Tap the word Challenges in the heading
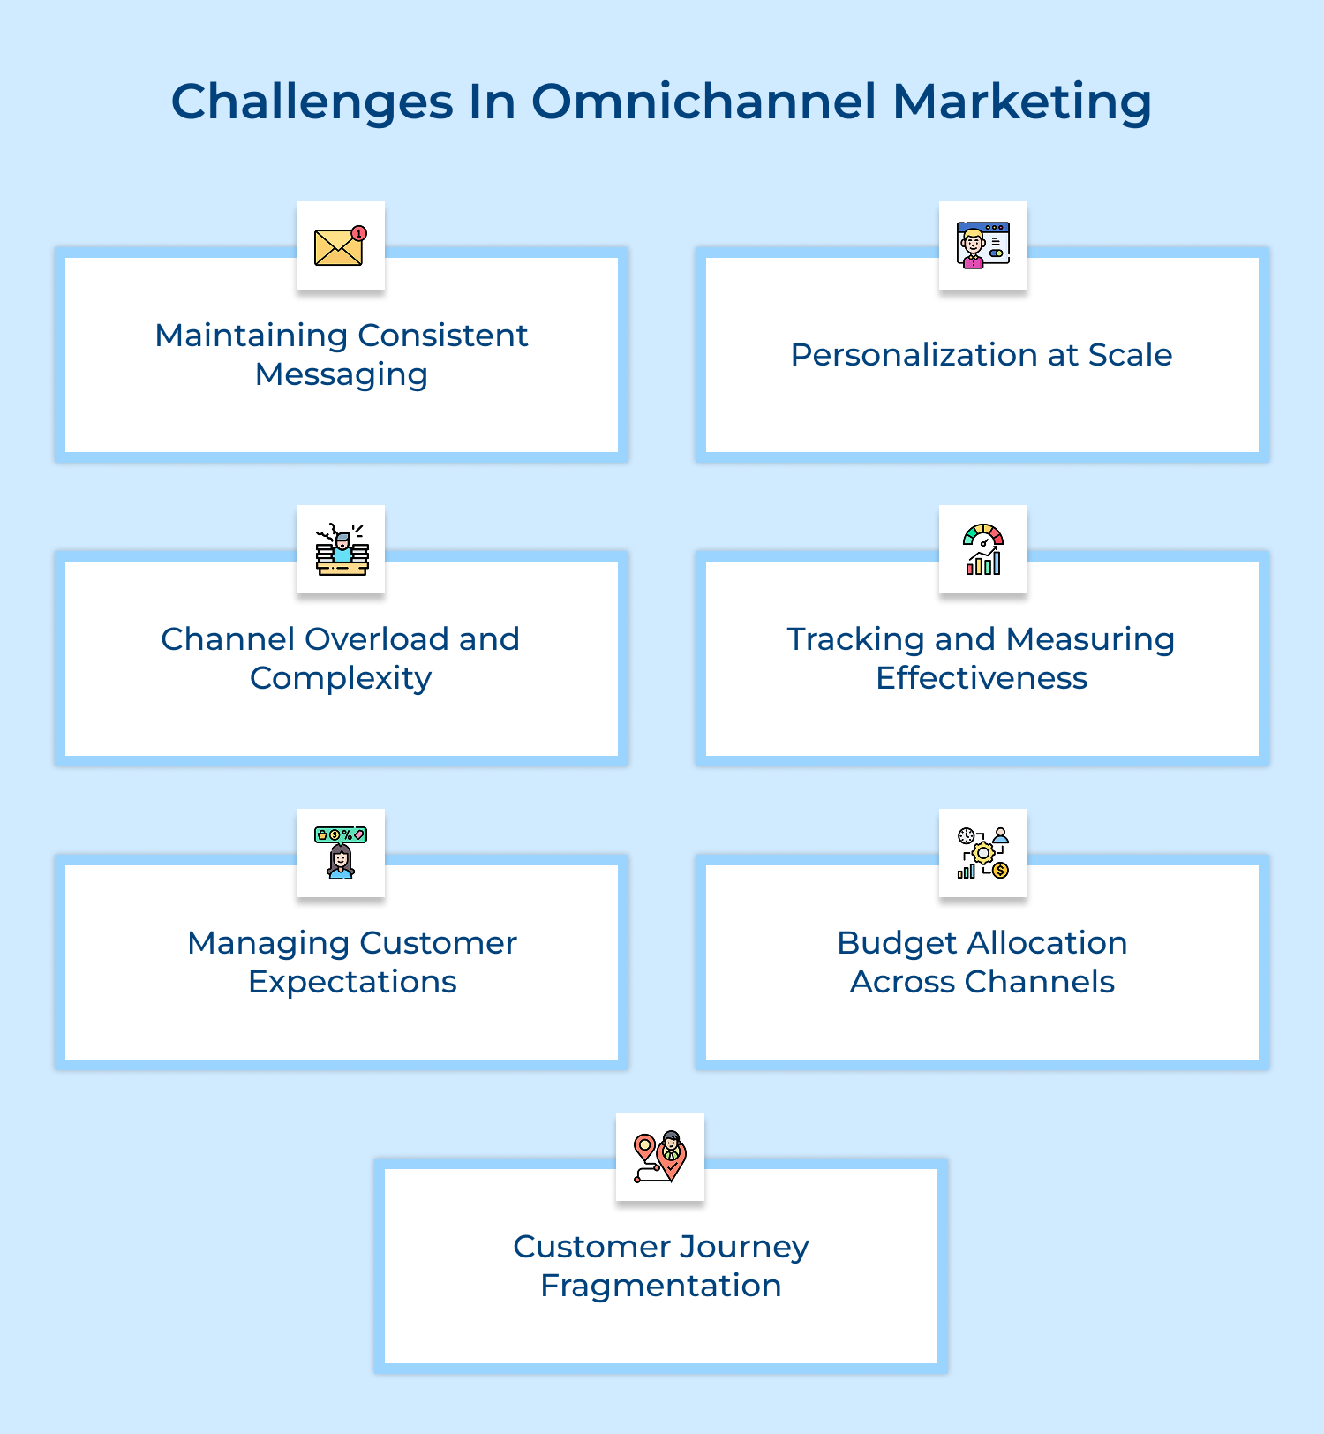(x=312, y=103)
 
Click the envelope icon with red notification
(x=340, y=246)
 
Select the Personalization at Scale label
(x=981, y=355)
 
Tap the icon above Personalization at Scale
(x=982, y=245)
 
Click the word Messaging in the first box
(x=342, y=374)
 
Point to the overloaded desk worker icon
(x=342, y=549)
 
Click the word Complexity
(x=341, y=678)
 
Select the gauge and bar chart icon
(x=982, y=549)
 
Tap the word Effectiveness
(x=982, y=678)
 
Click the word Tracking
(x=846, y=639)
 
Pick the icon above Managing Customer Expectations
(x=341, y=853)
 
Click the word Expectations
(x=352, y=982)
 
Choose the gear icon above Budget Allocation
(x=982, y=853)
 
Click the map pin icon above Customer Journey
(x=659, y=1157)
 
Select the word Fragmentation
(x=661, y=1286)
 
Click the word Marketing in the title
(x=1021, y=102)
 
